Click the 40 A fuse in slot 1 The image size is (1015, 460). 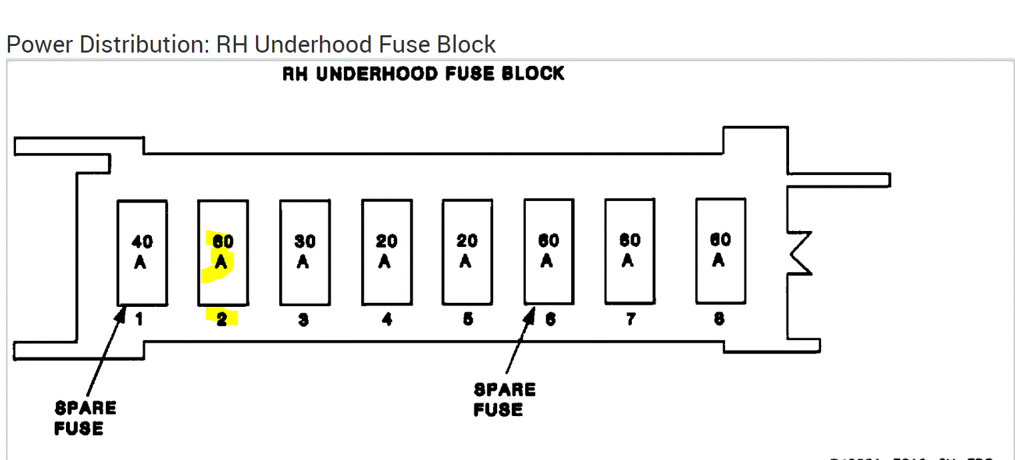click(x=142, y=252)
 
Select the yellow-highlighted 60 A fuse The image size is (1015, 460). click(x=223, y=252)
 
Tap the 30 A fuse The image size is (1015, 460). click(x=305, y=252)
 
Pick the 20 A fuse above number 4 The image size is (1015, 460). click(x=387, y=252)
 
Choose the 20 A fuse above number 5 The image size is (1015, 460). click(x=467, y=252)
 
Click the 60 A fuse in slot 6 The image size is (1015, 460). click(x=548, y=251)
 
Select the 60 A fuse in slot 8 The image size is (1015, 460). click(x=720, y=250)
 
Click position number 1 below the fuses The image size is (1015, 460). click(x=139, y=320)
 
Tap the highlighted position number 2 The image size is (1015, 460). click(x=222, y=320)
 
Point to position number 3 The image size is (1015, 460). click(x=303, y=320)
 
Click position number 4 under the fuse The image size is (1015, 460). click(x=387, y=320)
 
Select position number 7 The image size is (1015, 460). click(x=630, y=320)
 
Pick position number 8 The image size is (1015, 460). click(x=719, y=320)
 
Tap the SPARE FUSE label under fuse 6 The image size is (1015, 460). click(x=504, y=399)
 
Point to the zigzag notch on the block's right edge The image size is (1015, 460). click(x=800, y=252)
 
